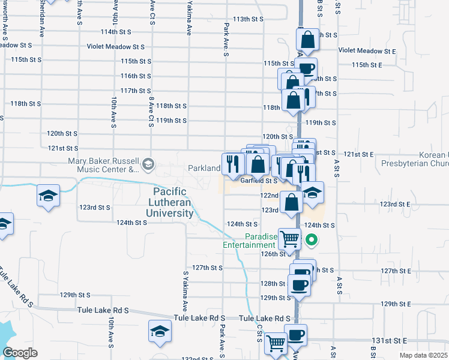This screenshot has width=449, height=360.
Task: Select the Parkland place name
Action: [204, 169]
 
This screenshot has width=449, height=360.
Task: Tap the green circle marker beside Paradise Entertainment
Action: [312, 241]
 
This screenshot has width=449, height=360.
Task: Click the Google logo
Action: [20, 353]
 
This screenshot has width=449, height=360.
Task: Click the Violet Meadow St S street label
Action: [116, 46]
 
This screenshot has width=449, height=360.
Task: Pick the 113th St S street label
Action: [249, 19]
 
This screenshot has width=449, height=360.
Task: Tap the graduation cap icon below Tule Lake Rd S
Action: [160, 331]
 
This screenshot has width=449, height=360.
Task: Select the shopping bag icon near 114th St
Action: [308, 40]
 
